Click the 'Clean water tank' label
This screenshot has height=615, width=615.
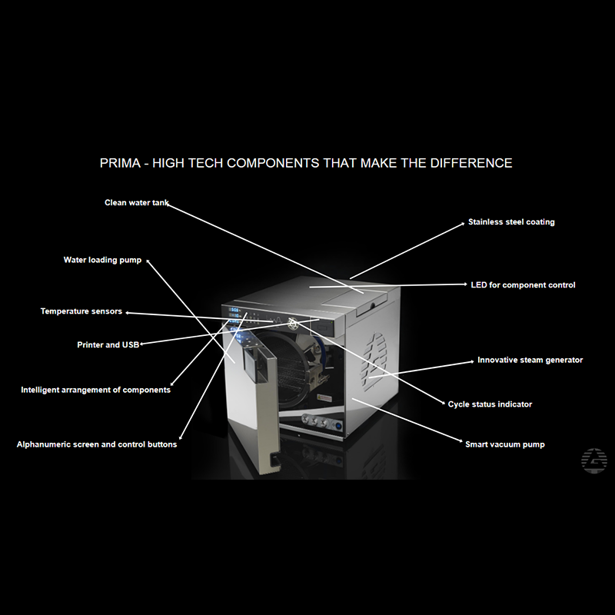tap(137, 203)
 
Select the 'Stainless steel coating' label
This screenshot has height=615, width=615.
tap(511, 222)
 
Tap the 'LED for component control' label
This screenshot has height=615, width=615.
tap(523, 285)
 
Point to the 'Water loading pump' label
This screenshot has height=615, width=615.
tap(102, 260)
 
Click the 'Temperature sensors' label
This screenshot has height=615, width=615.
tap(81, 311)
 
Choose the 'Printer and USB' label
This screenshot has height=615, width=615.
tap(108, 344)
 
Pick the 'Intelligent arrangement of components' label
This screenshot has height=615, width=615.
tap(95, 390)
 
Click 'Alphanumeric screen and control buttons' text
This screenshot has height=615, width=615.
tap(97, 444)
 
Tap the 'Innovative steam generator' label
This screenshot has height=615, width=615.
tap(530, 360)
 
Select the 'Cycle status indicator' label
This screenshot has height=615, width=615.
tap(490, 404)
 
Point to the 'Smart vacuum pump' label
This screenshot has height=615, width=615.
tap(505, 444)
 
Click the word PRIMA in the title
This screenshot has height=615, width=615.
tap(120, 163)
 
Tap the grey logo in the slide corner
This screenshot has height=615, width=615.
tap(593, 460)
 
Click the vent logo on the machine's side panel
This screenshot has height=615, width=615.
tap(374, 361)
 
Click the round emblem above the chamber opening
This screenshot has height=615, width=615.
tap(293, 324)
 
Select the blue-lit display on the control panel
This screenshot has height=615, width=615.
tap(234, 316)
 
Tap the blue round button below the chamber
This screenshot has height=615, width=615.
tap(337, 426)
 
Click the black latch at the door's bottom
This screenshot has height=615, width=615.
tap(275, 459)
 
